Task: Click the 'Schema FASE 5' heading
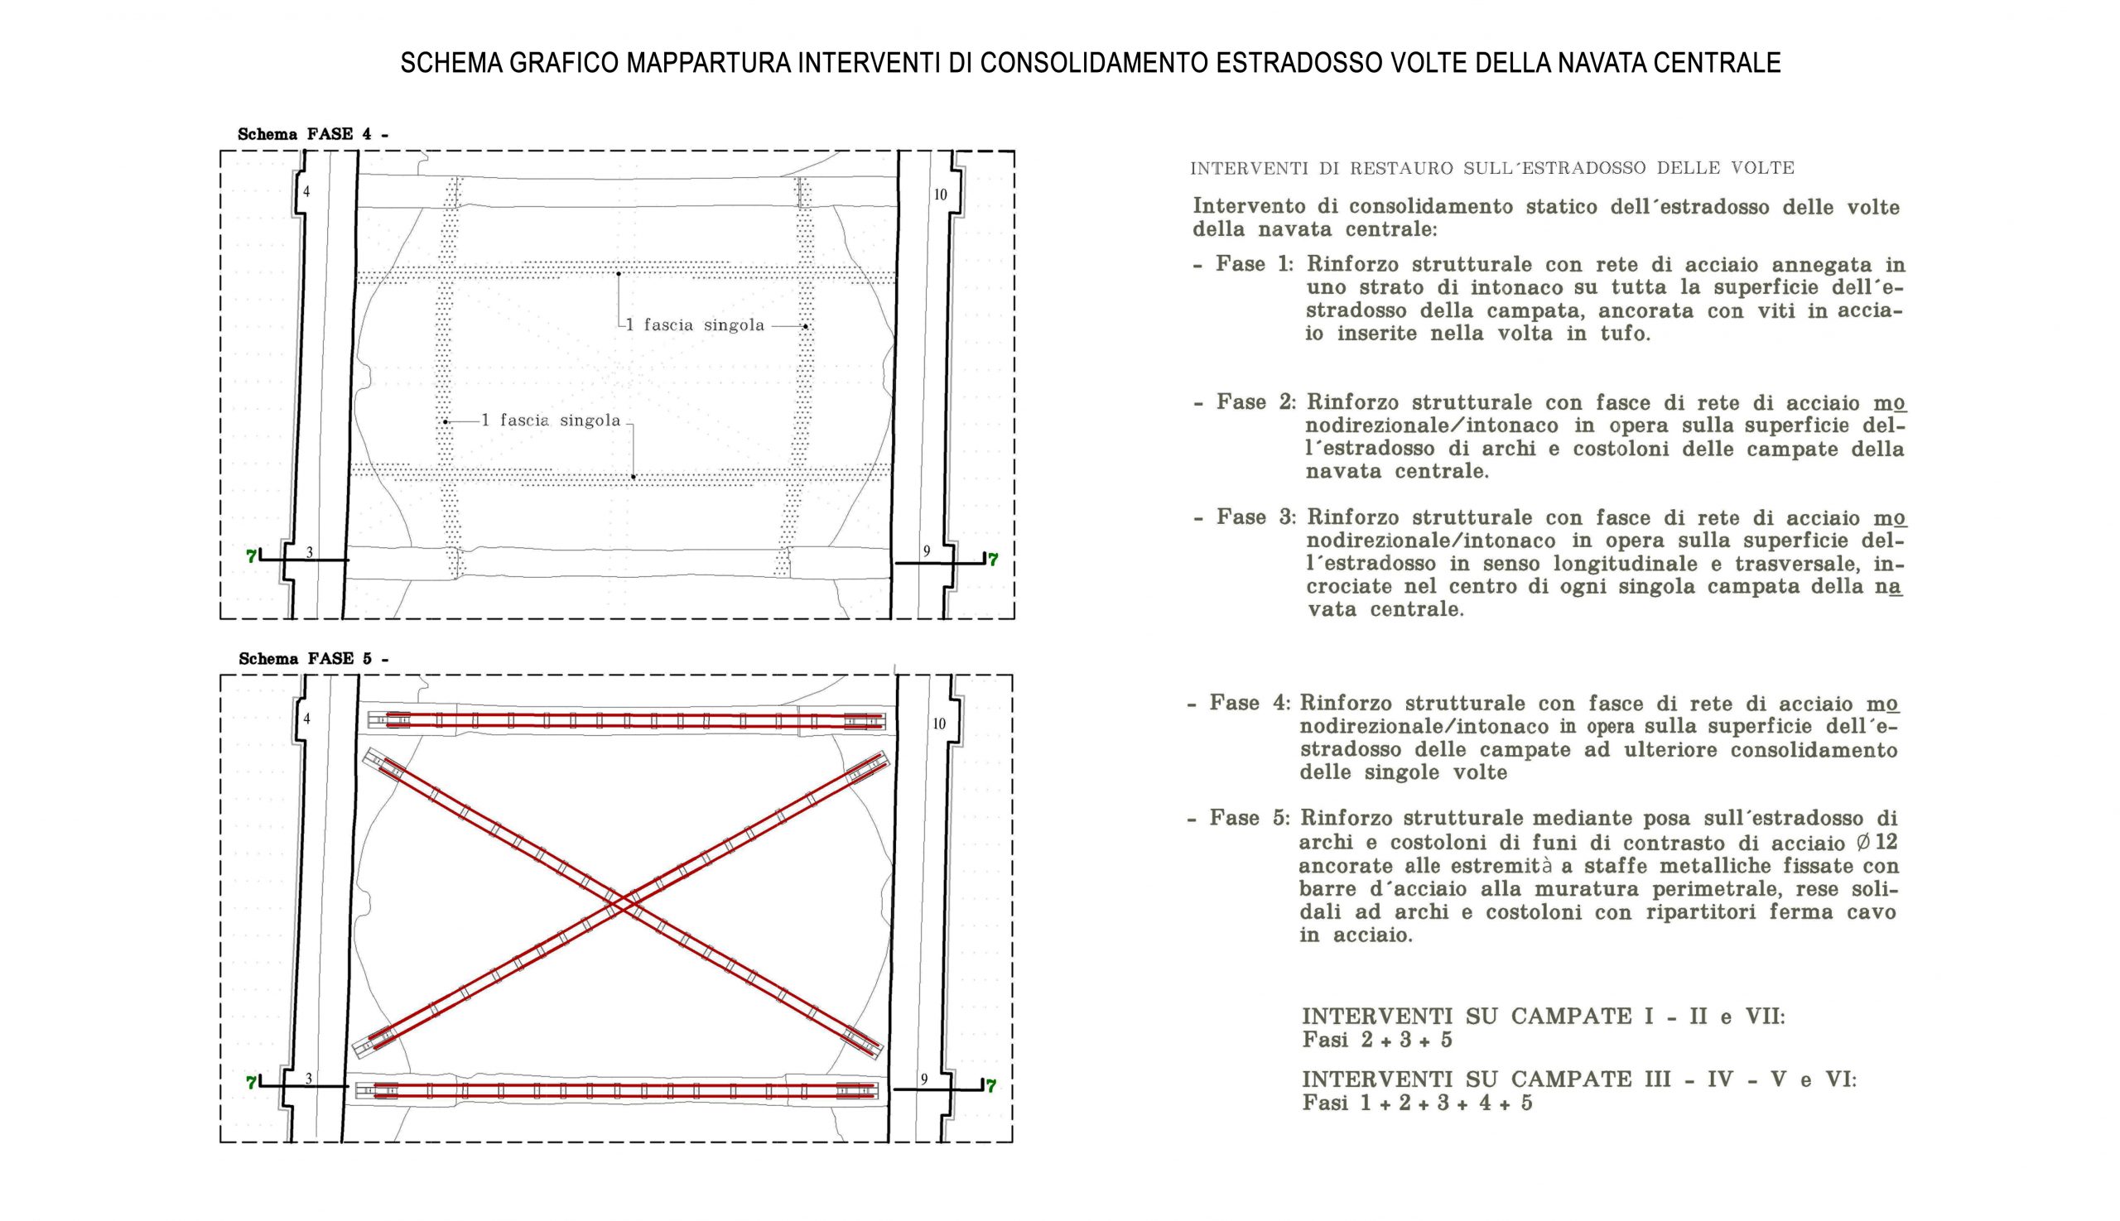(x=313, y=659)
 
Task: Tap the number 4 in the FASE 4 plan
(x=306, y=192)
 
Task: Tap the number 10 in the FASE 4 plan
(x=941, y=195)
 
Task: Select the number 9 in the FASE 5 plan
(x=924, y=1079)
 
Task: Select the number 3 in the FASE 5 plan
(x=309, y=1079)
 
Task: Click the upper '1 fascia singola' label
(x=696, y=325)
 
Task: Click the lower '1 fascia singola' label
(x=552, y=421)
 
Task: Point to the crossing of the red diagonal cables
(x=622, y=902)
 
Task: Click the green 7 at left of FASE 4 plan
(x=251, y=556)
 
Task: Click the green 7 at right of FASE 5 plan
(x=990, y=1087)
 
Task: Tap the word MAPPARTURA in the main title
(x=709, y=63)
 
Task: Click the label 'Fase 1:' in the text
(x=1255, y=264)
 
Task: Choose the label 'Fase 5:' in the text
(x=1249, y=818)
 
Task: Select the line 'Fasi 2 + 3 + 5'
(x=1376, y=1041)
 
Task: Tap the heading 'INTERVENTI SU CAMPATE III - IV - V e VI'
(x=1578, y=1079)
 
